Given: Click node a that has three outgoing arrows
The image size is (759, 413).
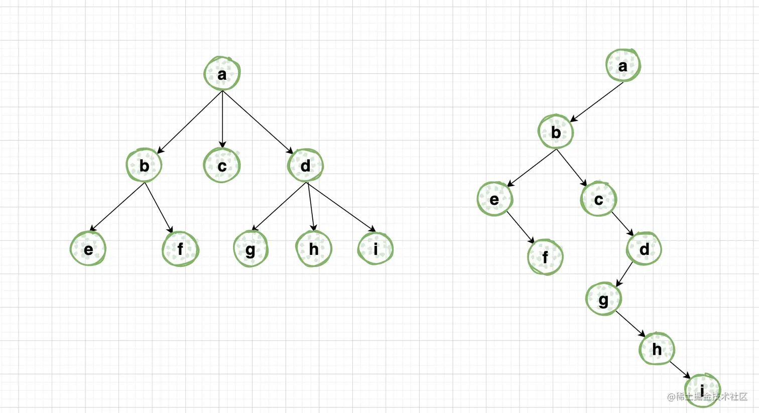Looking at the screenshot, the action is (222, 74).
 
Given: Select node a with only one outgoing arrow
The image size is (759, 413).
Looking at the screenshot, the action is (622, 65).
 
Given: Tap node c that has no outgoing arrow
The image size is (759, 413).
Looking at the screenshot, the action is (222, 165).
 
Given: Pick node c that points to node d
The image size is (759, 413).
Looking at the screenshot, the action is (598, 199).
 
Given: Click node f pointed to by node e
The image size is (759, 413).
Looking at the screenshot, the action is (545, 257).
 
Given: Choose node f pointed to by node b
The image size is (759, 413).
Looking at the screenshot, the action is (180, 248).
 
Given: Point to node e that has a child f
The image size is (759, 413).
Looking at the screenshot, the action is (494, 199).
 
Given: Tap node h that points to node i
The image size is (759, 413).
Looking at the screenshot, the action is (657, 348).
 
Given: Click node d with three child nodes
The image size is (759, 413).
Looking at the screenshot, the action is (305, 165).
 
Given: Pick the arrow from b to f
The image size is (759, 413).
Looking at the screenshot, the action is (159, 207).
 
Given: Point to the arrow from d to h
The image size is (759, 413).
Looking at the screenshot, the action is (311, 207).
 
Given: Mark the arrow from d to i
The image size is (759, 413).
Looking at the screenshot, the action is (341, 207).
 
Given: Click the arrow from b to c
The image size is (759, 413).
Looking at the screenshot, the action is (571, 168).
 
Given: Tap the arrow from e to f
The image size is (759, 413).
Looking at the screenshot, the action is (520, 227).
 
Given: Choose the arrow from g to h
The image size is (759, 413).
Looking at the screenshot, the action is (630, 324).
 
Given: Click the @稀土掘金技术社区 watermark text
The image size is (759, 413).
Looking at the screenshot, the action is (707, 397).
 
